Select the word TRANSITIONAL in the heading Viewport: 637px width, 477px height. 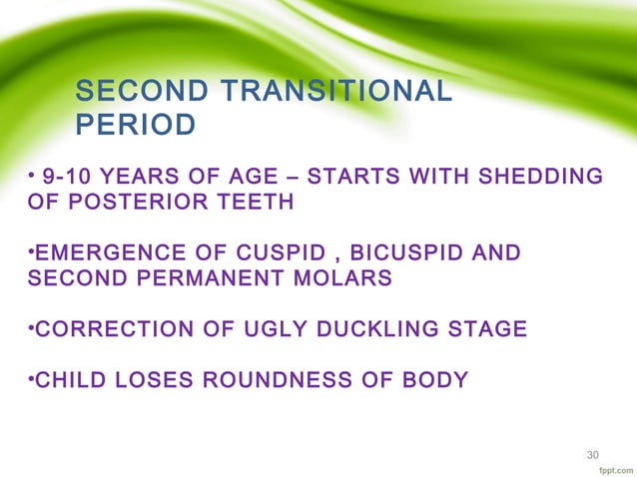pos(328,93)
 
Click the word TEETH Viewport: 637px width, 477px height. pos(258,203)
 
